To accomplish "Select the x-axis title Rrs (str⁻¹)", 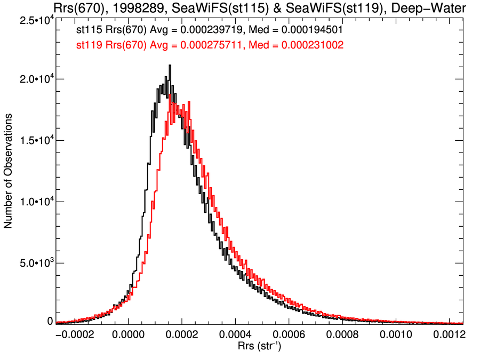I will coord(259,346).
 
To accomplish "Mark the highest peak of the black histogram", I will coord(170,66).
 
